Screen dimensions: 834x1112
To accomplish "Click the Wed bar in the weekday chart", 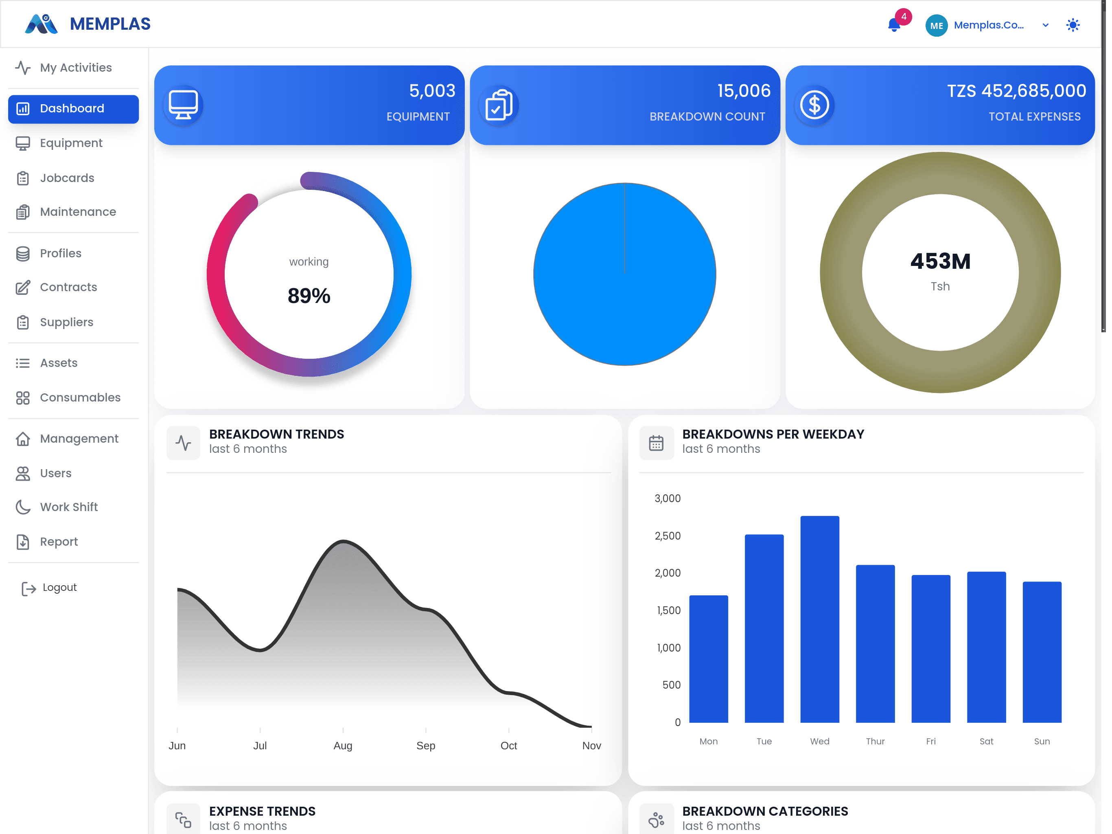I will pyautogui.click(x=819, y=619).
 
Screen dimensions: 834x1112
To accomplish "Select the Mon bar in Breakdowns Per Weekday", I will pyautogui.click(x=708, y=659).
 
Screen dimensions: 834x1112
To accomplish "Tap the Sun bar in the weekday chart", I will pyautogui.click(x=1042, y=652).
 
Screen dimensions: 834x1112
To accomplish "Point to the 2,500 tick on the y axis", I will pyautogui.click(x=668, y=536).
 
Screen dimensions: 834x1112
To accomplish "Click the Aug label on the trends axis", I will pyautogui.click(x=343, y=746).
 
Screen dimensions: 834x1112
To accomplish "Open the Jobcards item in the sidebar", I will pyautogui.click(x=67, y=178).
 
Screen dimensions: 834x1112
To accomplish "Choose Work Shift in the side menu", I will pyautogui.click(x=69, y=507).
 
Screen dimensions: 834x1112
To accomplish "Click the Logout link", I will pyautogui.click(x=59, y=588).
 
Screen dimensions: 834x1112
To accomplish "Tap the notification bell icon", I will pyautogui.click(x=894, y=25).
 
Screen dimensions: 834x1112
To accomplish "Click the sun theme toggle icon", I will pyautogui.click(x=1073, y=25).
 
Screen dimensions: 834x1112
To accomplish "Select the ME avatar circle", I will pyautogui.click(x=936, y=25).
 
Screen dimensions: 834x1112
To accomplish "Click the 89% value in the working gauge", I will pyautogui.click(x=309, y=296).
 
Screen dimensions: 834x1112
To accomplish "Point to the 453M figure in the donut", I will pyautogui.click(x=940, y=261).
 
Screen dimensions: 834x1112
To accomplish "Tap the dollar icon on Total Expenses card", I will pyautogui.click(x=814, y=105).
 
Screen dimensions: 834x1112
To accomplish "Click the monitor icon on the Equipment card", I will pyautogui.click(x=183, y=105).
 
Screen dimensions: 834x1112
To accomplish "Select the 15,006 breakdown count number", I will pyautogui.click(x=744, y=90).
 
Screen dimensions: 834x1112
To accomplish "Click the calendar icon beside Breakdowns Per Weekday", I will pyautogui.click(x=656, y=443).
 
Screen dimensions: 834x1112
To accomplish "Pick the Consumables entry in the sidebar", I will pyautogui.click(x=80, y=397).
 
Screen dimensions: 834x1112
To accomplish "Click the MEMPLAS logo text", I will pyautogui.click(x=110, y=24).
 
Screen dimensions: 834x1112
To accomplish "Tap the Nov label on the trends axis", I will pyautogui.click(x=591, y=746).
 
